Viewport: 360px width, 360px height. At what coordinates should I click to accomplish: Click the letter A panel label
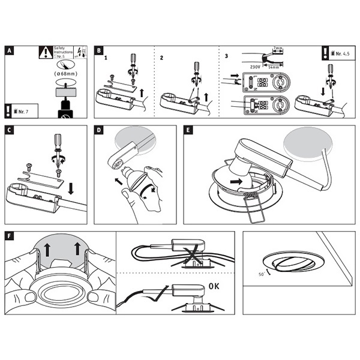[x=8, y=50]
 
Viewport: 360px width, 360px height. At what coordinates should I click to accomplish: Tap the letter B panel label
[x=100, y=50]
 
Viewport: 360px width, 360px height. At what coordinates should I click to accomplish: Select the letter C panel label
[x=8, y=130]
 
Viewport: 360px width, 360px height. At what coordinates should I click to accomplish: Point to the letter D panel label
[x=100, y=130]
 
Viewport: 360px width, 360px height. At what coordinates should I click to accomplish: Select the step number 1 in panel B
[x=106, y=59]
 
